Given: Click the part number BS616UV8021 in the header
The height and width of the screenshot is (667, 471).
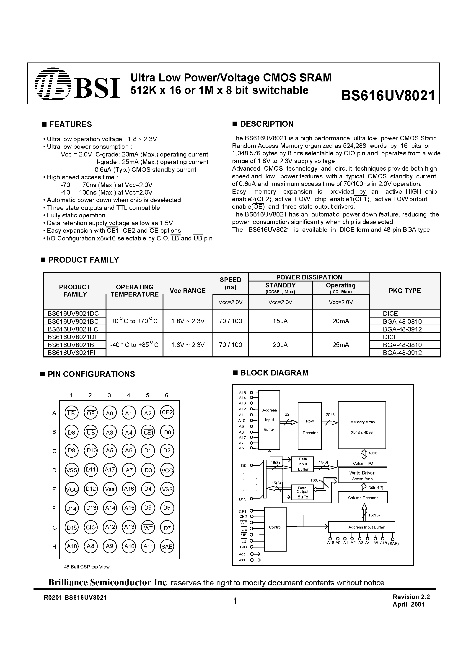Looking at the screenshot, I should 388,95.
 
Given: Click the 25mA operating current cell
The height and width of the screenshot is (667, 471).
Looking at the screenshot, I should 341,345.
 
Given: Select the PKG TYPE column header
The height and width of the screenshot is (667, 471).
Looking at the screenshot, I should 405,291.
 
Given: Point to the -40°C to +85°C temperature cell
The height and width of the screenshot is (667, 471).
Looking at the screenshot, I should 135,345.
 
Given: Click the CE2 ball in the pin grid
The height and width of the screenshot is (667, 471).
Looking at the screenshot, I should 167,412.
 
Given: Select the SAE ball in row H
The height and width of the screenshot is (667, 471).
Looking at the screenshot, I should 167,546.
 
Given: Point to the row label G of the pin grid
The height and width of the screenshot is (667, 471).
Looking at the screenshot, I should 54,528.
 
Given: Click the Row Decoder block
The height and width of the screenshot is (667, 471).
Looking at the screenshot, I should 310,426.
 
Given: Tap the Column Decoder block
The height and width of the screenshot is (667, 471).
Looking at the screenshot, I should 363,498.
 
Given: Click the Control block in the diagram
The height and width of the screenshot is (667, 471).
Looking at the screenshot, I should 275,527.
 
